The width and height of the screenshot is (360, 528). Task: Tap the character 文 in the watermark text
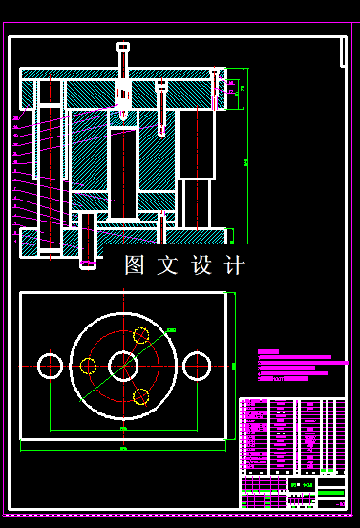pyautogui.click(x=168, y=265)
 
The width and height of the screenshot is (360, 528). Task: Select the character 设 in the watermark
pyautogui.click(x=201, y=265)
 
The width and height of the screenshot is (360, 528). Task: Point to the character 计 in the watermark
pyautogui.click(x=234, y=265)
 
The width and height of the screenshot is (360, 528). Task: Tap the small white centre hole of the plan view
pyautogui.click(x=123, y=364)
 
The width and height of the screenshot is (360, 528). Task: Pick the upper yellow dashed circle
pyautogui.click(x=141, y=335)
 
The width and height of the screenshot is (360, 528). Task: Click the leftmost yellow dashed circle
pyautogui.click(x=88, y=365)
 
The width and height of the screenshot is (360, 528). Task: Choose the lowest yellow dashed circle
pyautogui.click(x=140, y=395)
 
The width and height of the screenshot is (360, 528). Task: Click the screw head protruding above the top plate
pyautogui.click(x=123, y=47)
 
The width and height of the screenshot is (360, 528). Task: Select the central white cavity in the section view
pyautogui.click(x=124, y=172)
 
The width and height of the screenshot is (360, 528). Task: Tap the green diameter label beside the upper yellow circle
pyautogui.click(x=171, y=330)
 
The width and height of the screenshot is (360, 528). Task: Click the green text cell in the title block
pyautogui.click(x=302, y=485)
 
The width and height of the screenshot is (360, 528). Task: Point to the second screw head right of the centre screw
pyautogui.click(x=161, y=87)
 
